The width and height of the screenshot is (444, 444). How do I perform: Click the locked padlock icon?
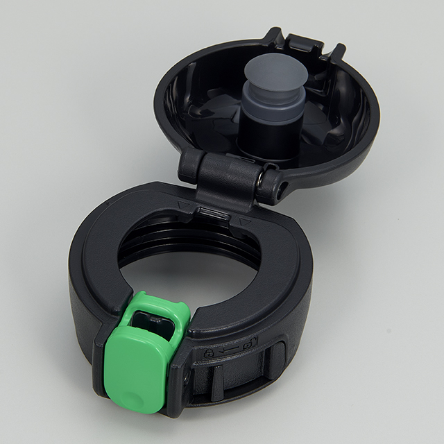point(208,352)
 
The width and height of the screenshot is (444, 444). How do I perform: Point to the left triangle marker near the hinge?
point(182,205)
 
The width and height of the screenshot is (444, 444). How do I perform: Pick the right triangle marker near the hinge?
point(244,221)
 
